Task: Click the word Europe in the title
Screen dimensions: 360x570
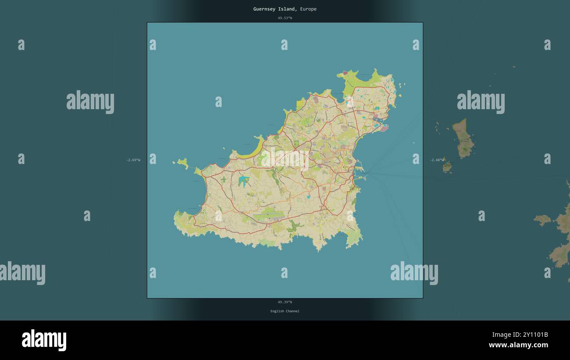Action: (308, 9)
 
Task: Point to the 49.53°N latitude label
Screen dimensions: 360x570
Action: (285, 18)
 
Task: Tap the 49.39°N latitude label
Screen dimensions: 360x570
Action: (285, 302)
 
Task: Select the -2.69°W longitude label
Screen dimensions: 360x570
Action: (133, 160)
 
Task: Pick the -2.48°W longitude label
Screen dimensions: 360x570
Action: (437, 160)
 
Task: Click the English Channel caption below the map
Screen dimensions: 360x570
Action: (285, 311)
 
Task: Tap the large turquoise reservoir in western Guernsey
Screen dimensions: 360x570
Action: (243, 181)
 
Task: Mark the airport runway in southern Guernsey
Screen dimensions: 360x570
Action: (268, 214)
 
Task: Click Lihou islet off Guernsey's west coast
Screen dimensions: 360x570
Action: (182, 164)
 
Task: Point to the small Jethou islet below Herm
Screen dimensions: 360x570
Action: (447, 167)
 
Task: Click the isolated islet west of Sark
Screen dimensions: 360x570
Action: (542, 219)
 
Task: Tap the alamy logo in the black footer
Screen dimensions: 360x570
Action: (44, 340)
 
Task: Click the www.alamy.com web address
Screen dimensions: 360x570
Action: (518, 345)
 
